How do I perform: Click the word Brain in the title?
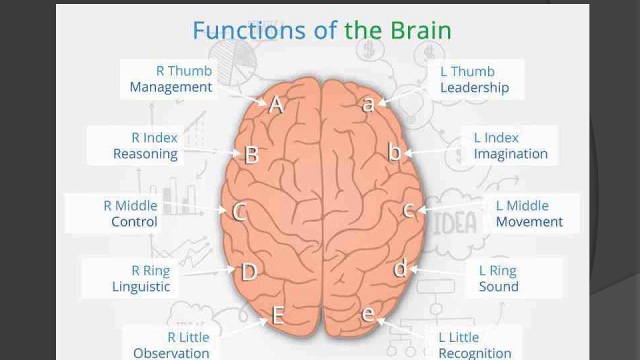(421, 30)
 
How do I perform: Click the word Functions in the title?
(249, 30)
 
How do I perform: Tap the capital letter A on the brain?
(276, 104)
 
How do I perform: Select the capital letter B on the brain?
(251, 154)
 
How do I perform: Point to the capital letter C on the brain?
(239, 212)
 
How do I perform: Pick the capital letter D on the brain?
(248, 272)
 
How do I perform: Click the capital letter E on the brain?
(278, 315)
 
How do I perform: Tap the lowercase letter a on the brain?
(368, 104)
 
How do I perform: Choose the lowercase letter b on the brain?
(395, 152)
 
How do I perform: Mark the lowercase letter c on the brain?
(408, 210)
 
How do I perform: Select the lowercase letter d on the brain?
(400, 268)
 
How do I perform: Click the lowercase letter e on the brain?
(368, 314)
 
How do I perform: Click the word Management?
(171, 87)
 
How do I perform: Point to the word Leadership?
(474, 88)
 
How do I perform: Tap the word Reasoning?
(145, 154)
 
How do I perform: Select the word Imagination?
(510, 154)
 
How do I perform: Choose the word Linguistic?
(141, 286)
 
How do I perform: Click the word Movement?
(529, 221)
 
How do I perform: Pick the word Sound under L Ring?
(498, 286)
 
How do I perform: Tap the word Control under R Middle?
(134, 221)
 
